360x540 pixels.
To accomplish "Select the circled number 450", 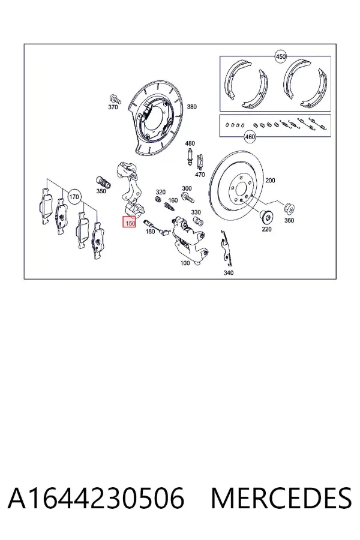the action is tap(281, 56).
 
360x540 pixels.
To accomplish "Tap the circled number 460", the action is tap(250, 137).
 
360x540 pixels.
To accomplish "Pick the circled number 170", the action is tap(74, 197).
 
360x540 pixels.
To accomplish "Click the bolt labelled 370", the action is tap(115, 98).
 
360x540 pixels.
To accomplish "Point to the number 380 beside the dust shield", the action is tap(191, 107).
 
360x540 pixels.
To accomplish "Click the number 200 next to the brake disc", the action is tap(270, 180).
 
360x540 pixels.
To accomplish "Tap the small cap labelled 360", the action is tap(289, 208).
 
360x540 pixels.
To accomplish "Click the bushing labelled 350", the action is tap(103, 182).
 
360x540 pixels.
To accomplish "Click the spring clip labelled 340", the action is tap(226, 248).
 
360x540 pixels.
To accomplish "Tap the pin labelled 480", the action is tap(189, 157).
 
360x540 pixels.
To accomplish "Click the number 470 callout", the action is tap(200, 175).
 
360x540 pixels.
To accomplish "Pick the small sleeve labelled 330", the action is tap(198, 221).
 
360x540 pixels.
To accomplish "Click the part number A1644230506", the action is tap(96, 498).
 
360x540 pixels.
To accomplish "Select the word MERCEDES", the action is tap(281, 498).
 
